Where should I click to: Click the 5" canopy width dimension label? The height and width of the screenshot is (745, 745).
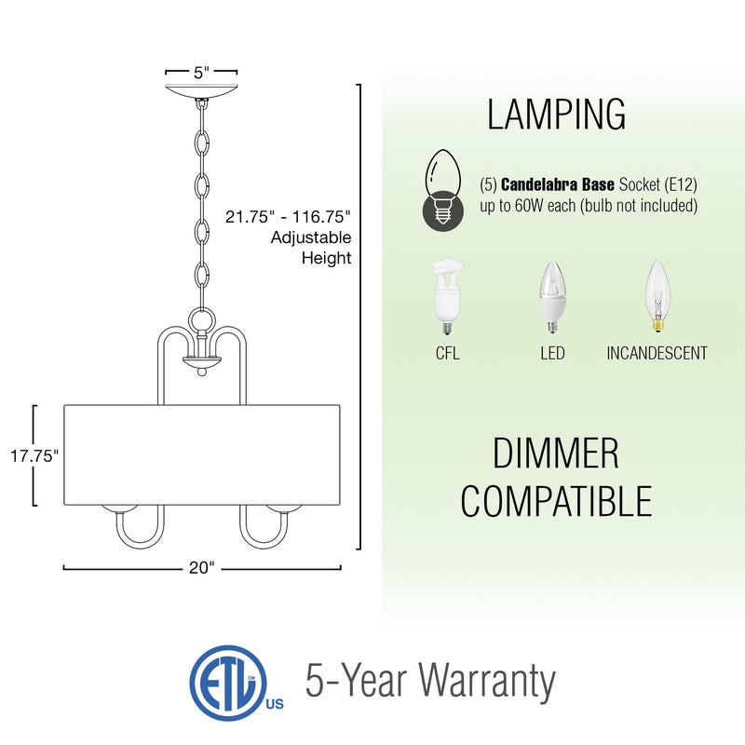coord(201,71)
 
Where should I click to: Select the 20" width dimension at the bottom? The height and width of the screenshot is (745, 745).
coord(201,568)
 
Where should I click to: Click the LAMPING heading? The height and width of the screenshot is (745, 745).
coord(556,115)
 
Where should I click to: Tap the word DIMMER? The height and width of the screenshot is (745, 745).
coord(555,454)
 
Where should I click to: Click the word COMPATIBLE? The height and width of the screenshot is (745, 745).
coord(556,501)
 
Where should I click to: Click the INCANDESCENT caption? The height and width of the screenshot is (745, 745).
coord(657,354)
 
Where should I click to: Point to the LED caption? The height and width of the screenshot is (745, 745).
coord(552,354)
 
